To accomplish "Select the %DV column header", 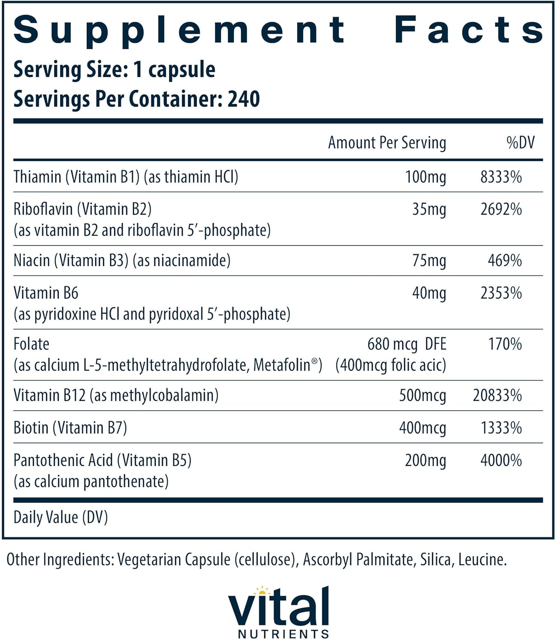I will tap(520, 143).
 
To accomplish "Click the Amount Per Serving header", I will tap(387, 143).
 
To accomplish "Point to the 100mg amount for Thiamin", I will tap(425, 177).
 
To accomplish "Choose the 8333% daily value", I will tap(501, 177).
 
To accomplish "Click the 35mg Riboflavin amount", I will tap(429, 209).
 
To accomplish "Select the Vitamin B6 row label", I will tap(46, 293).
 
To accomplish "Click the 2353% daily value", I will tap(501, 293).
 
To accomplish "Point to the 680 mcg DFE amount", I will tap(407, 344).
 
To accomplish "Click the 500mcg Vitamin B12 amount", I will tap(422, 396).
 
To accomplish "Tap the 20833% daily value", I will tap(497, 396).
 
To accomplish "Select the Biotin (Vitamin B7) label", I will tap(71, 428).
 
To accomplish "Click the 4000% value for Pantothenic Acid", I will tap(501, 461).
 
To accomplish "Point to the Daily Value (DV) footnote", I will tap(61, 518).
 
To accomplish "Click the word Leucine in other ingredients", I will tap(482, 559).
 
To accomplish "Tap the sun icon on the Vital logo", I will tap(262, 591).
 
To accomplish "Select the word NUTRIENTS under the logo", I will tap(283, 633).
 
